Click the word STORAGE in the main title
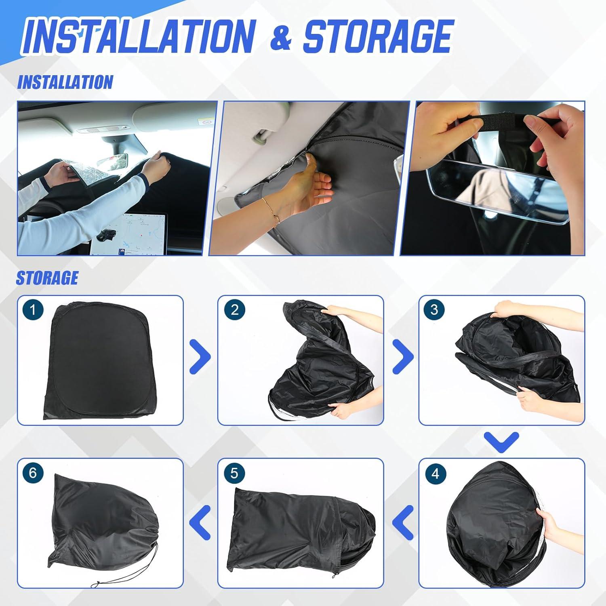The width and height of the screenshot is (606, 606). coord(377,37)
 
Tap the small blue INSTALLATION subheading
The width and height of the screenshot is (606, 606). coord(65,82)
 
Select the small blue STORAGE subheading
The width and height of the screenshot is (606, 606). coord(47,278)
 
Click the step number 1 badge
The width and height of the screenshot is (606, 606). coord(33,310)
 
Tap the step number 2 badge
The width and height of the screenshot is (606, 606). coord(234,310)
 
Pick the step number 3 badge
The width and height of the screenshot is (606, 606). coord(434,310)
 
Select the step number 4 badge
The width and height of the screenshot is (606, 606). coord(435,473)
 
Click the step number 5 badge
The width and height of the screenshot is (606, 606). coord(234,473)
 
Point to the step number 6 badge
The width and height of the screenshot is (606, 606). coord(33,473)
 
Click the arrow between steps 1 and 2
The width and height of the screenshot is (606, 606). coord(200,357)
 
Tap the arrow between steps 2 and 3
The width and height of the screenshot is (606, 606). coord(402,357)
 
